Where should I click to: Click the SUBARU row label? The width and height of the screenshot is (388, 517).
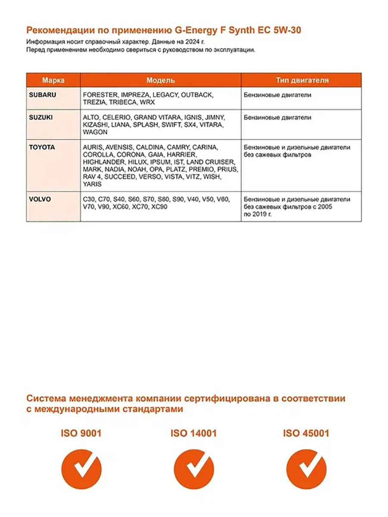click(43, 95)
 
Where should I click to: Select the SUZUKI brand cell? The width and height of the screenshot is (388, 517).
click(41, 117)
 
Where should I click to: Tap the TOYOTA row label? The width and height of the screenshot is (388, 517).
click(42, 147)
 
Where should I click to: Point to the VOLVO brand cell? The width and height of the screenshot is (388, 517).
click(40, 199)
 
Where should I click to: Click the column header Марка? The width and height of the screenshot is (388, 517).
click(53, 80)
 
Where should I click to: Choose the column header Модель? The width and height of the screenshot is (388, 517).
click(160, 80)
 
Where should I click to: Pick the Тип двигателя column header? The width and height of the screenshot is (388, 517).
click(302, 80)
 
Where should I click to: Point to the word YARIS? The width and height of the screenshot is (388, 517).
click(92, 184)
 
